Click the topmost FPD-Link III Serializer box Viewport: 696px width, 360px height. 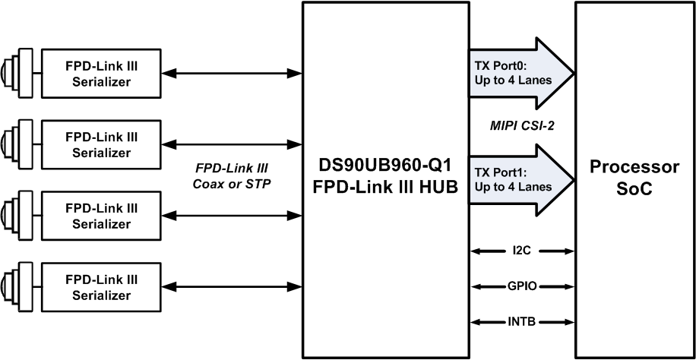coord(100,74)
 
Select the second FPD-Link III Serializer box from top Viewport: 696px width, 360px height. coord(100,144)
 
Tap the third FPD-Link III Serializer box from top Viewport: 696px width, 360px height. coord(100,216)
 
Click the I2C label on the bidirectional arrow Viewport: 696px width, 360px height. coord(521,251)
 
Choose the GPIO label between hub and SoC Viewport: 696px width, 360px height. coord(521,286)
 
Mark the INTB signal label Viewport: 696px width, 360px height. coord(521,322)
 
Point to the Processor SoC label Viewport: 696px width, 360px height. coord(634,179)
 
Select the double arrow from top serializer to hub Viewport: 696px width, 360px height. coord(233,74)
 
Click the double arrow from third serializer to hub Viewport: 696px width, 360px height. coord(233,216)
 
